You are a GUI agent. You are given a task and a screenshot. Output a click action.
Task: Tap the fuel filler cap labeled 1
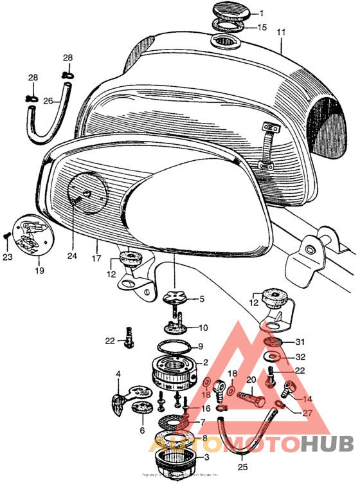(x=229, y=14)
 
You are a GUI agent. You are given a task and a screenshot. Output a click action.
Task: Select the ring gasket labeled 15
(x=229, y=27)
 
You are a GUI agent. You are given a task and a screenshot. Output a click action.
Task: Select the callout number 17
(x=96, y=244)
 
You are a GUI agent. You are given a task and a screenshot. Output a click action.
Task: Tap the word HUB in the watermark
(x=326, y=443)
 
